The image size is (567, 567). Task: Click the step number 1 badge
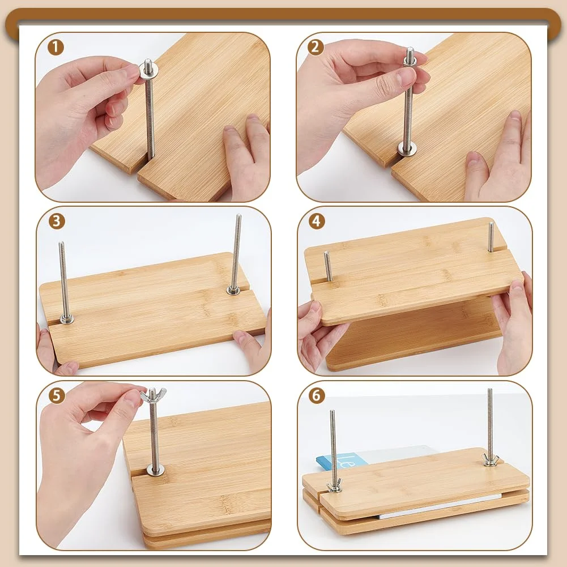pos(56,48)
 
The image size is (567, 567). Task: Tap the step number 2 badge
pos(316,48)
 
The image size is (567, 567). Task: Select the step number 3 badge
pos(57,221)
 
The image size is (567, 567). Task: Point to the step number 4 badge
pos(317,221)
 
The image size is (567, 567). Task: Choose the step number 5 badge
pos(57,395)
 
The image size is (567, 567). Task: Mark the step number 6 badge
pos(317,395)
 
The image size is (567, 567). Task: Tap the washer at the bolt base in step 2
pos(407,148)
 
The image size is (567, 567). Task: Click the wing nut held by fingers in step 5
pos(154,394)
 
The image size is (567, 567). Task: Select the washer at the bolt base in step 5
pos(156,470)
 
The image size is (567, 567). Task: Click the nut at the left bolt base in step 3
pos(66,319)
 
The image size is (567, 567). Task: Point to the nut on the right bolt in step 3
pos(233,289)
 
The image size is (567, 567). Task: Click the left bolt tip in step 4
pos(326,254)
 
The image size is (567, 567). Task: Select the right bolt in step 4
pos(491,237)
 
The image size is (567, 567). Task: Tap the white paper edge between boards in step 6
pos(440,506)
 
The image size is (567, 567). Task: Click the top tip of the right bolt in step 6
pos(489,390)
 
